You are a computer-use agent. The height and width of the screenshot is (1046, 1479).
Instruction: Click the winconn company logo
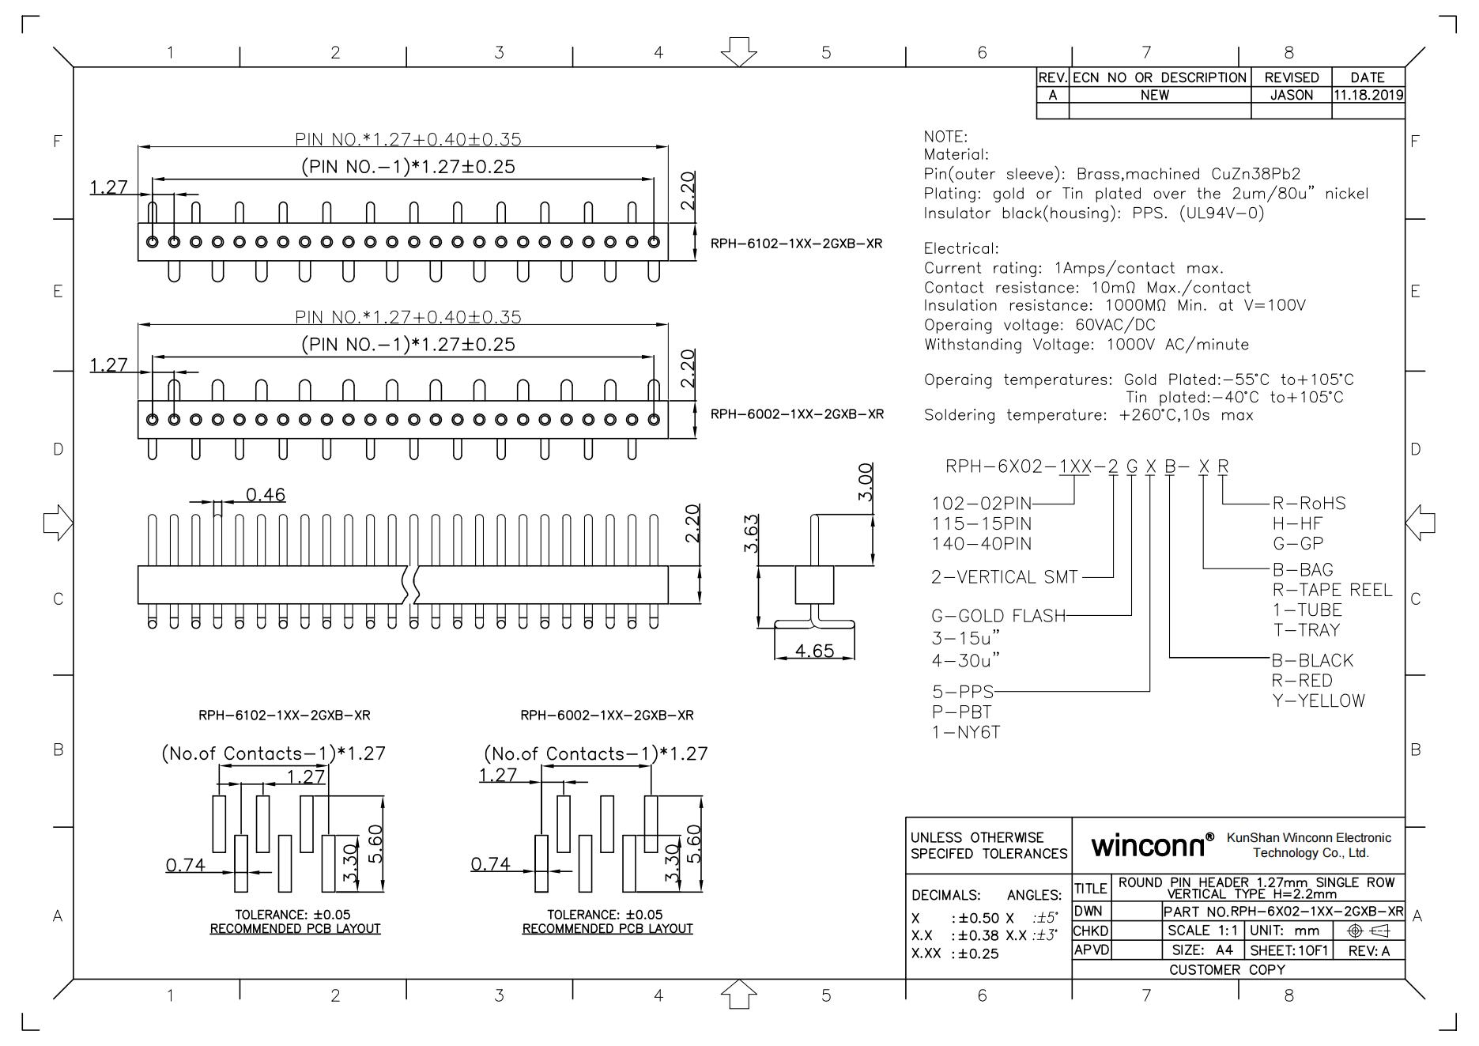click(1152, 846)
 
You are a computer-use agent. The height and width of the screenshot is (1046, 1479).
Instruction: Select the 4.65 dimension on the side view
click(814, 651)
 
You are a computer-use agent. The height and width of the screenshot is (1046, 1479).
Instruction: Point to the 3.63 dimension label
click(752, 534)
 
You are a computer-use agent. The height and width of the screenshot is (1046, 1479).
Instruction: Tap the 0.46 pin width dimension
click(265, 495)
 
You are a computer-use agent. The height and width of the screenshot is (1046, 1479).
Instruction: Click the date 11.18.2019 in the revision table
click(1368, 96)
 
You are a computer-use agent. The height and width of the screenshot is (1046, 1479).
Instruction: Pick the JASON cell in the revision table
click(1291, 96)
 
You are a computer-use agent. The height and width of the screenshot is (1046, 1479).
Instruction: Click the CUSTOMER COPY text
click(1227, 969)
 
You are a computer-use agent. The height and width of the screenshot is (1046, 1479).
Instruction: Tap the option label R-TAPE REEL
click(1332, 590)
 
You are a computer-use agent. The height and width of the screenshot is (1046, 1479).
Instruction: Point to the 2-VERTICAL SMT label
click(1004, 577)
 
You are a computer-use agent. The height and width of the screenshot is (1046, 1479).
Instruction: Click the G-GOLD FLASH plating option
click(998, 616)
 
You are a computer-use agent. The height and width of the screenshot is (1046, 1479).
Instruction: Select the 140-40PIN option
click(981, 544)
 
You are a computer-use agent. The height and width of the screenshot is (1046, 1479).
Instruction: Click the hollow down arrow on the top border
click(738, 51)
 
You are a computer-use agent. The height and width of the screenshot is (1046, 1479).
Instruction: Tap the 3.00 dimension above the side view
click(866, 481)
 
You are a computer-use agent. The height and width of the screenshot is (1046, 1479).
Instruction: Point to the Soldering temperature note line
click(1088, 415)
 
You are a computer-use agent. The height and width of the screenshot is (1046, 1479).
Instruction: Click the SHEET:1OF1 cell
click(1288, 950)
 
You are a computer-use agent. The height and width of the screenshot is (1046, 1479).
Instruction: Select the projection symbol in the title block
click(1368, 931)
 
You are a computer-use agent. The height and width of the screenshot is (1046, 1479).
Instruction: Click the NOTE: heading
click(945, 137)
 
